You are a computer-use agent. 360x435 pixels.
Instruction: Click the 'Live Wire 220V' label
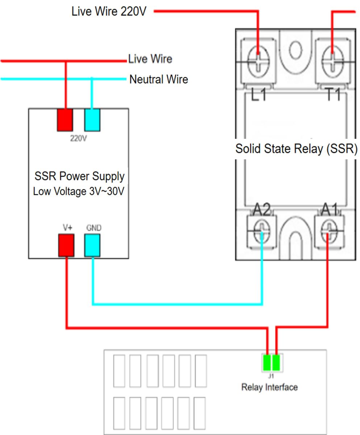click(109, 11)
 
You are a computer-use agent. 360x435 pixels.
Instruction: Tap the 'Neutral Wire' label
click(159, 79)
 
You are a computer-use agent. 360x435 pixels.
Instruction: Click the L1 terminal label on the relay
click(258, 95)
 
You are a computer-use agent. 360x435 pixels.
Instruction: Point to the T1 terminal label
click(333, 94)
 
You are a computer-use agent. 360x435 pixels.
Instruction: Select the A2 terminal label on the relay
click(262, 210)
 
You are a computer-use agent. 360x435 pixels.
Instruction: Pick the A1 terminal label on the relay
click(330, 210)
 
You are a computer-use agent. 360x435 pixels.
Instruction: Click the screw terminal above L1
click(258, 62)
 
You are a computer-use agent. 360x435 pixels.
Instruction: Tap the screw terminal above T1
click(332, 62)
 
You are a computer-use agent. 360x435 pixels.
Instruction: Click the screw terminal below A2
click(262, 231)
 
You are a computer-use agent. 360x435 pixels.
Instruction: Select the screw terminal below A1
click(329, 231)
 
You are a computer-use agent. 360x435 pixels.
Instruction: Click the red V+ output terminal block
click(66, 245)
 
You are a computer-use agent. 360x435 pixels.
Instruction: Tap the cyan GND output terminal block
click(92, 245)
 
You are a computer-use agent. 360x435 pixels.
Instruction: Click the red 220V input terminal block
click(65, 120)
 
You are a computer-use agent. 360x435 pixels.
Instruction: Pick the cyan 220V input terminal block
click(92, 120)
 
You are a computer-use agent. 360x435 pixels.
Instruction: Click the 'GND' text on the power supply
click(94, 228)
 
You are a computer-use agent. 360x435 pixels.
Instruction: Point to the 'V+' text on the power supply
click(68, 228)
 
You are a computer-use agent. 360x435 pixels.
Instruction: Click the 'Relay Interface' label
click(269, 387)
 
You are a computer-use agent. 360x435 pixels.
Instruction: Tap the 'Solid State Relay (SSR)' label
click(296, 149)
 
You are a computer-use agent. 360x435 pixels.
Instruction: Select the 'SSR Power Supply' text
click(79, 176)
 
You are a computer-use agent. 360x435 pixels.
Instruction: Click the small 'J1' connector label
click(271, 376)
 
